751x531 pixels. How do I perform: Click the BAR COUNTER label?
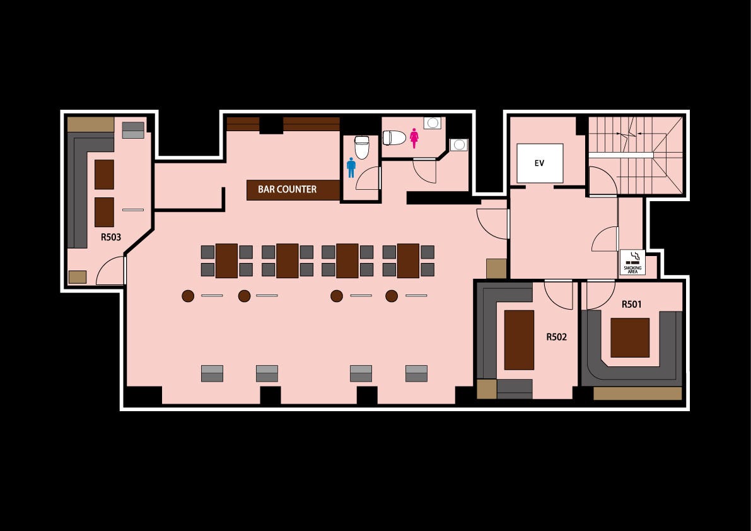click(287, 189)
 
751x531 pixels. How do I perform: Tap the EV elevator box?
click(540, 163)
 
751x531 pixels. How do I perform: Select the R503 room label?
click(110, 237)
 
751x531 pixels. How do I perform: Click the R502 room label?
click(557, 337)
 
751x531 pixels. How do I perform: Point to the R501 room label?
click(631, 304)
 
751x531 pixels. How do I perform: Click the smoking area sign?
click(632, 262)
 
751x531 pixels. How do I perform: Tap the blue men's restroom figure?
click(351, 168)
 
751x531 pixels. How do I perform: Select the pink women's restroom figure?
click(414, 138)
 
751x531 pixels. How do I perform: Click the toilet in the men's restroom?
click(361, 148)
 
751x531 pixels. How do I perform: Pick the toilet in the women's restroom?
click(394, 138)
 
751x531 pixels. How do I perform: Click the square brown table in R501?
click(630, 337)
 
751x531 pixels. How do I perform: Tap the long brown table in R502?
click(519, 340)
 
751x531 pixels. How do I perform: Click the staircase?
click(635, 155)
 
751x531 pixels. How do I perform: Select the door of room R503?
click(111, 271)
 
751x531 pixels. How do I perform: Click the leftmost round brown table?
click(188, 296)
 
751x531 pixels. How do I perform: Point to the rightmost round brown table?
click(392, 296)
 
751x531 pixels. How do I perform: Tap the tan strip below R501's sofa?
click(637, 394)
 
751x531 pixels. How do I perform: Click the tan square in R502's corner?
click(487, 389)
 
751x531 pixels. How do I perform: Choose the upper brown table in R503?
click(104, 174)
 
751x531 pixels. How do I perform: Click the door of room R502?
click(559, 295)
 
